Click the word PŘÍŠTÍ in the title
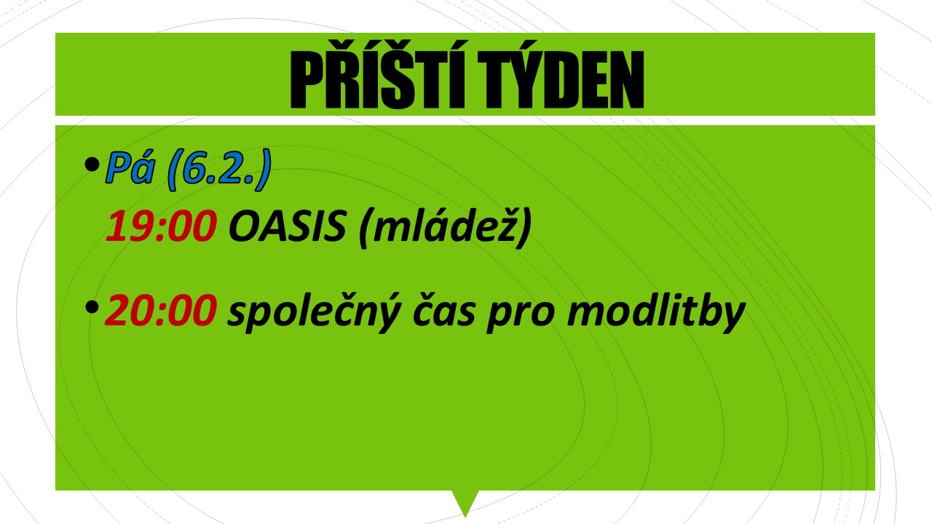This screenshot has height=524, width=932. (377, 75)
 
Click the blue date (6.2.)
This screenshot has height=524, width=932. (219, 170)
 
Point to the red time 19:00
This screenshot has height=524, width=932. (161, 226)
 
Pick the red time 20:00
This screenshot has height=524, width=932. (161, 309)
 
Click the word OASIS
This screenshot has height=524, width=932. (287, 226)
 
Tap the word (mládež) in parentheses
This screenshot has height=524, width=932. (445, 227)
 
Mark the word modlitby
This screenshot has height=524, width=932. (656, 312)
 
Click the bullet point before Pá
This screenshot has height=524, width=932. (92, 164)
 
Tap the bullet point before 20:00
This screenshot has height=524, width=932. (92, 307)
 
